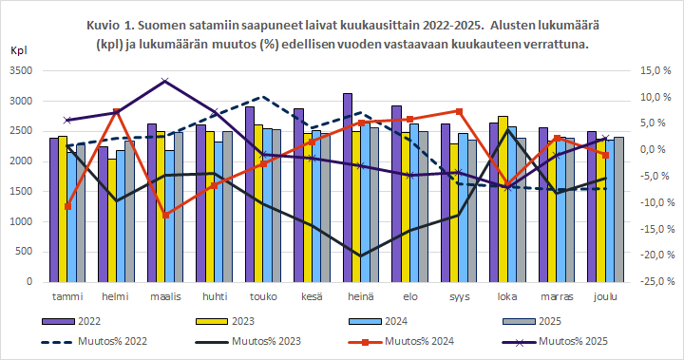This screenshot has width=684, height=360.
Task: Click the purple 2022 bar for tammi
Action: pos(54,210)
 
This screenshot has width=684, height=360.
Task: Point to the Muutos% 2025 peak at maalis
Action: pos(165,81)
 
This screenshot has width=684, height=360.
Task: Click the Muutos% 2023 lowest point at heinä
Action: pos(360,256)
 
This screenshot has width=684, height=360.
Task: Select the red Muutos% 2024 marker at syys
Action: pos(459,111)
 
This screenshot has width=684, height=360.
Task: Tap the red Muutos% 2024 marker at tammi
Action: pos(67,206)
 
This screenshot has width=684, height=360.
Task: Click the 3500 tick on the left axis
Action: pos(21,71)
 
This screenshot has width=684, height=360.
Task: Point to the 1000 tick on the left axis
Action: pos(21,222)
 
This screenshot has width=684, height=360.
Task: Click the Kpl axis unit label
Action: pos(20,50)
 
